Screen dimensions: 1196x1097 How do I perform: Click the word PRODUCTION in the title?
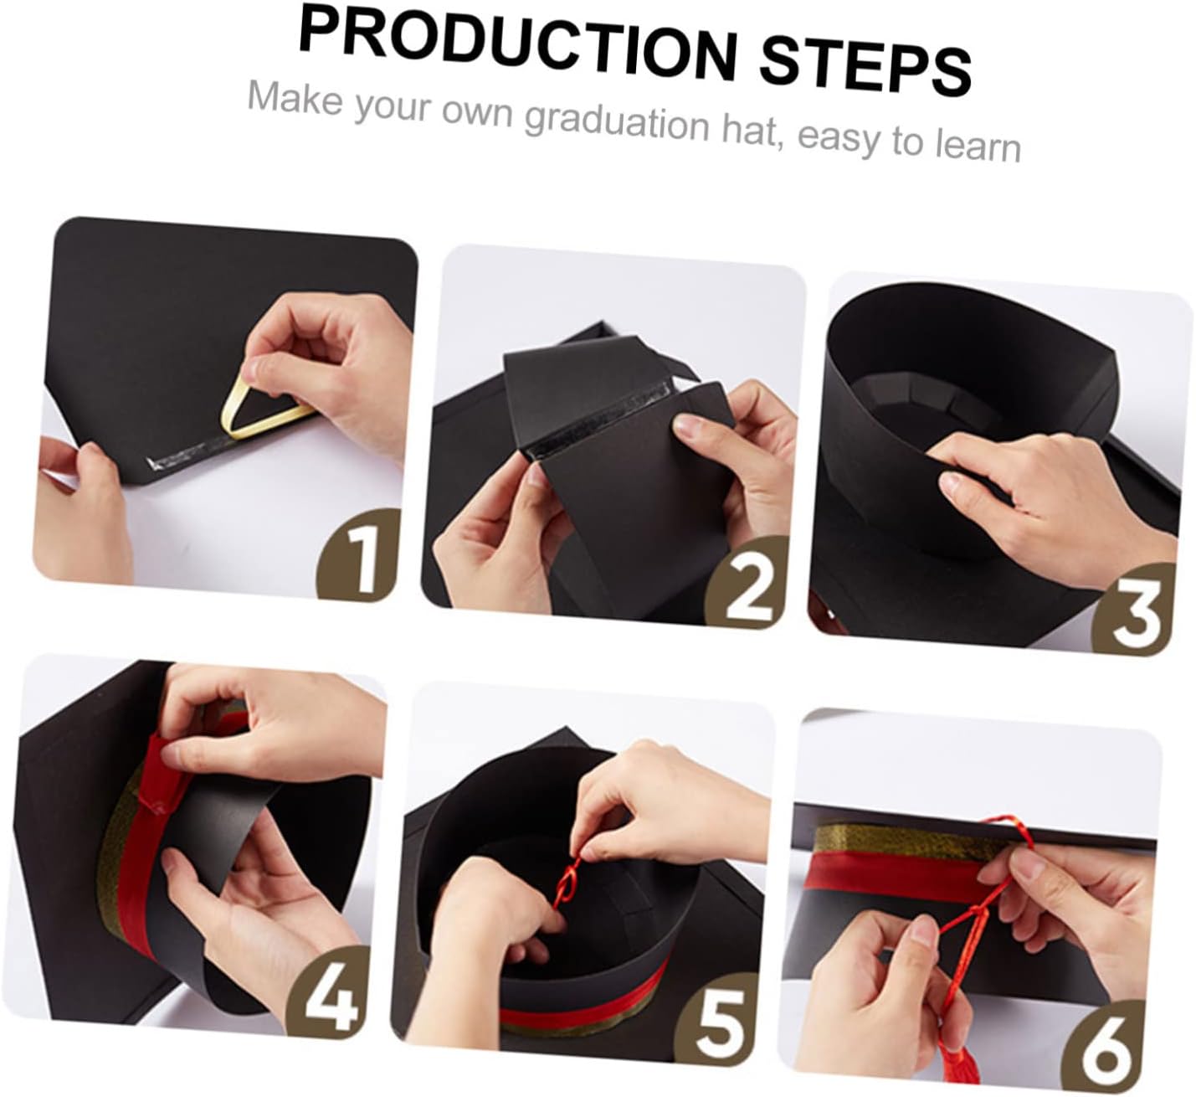point(517,51)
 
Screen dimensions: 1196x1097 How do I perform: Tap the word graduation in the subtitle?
point(617,123)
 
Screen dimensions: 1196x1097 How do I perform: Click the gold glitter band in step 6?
point(906,841)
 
